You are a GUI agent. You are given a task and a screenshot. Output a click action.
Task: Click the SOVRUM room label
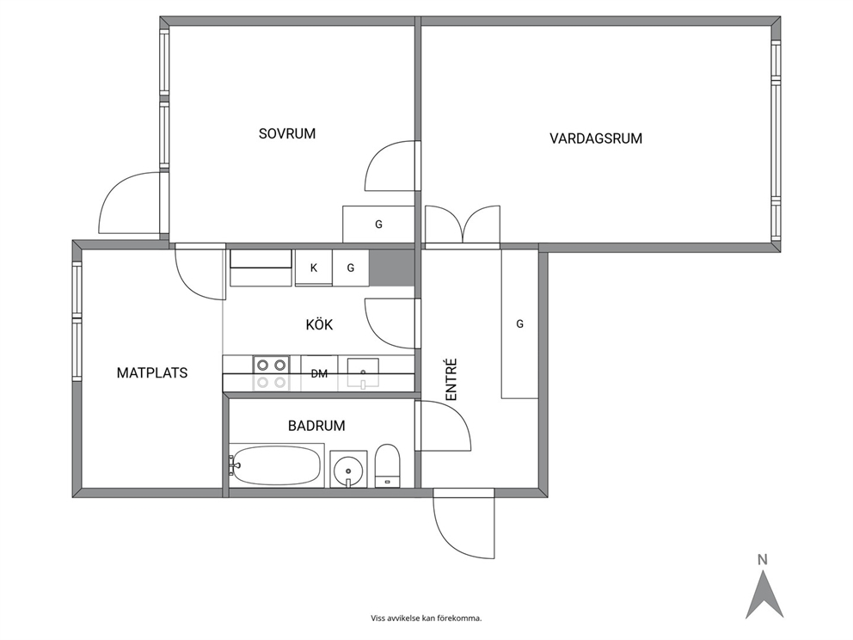point(286,134)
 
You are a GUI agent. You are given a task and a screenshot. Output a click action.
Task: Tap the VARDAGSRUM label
point(596,138)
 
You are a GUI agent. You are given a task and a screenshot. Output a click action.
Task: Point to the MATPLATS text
point(152,372)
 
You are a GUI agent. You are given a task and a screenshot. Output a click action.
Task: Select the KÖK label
point(319,324)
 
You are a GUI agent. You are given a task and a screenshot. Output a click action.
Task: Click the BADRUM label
point(316,426)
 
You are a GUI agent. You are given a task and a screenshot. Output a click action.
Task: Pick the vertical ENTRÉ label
point(451,379)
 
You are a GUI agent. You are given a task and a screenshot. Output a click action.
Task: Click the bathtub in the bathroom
point(276,465)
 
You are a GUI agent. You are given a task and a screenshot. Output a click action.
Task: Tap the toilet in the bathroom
point(388,465)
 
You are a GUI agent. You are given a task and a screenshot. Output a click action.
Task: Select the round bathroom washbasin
point(348,469)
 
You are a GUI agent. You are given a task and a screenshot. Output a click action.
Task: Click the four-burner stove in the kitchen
point(271,372)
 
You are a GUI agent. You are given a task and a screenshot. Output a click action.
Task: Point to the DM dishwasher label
point(319,374)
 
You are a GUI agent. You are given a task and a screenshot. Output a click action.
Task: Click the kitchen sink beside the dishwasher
point(364,372)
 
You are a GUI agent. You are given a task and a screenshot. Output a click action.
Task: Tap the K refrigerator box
point(313,268)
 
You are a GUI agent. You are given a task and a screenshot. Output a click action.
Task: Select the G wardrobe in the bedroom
point(378,225)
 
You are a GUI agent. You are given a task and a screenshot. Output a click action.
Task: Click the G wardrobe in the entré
point(519,323)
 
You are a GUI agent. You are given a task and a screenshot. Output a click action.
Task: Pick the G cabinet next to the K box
point(350,268)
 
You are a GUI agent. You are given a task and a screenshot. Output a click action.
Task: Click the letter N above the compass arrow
point(762,559)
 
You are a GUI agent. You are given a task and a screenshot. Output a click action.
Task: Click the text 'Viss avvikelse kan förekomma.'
point(426,618)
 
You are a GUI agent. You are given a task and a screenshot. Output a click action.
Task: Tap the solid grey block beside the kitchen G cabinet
point(392,268)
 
